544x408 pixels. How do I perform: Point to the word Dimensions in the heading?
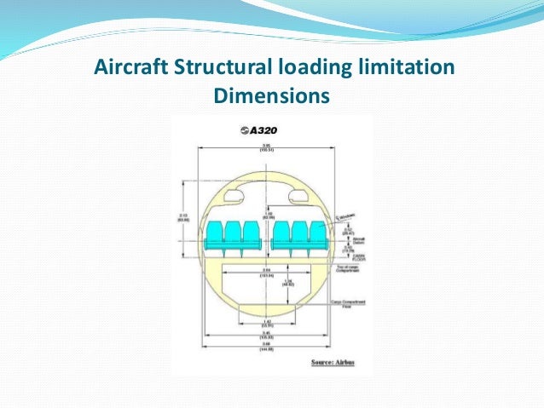tap(271, 97)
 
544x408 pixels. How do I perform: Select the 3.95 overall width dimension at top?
tap(266, 147)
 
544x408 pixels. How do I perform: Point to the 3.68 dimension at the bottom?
tap(266, 348)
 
